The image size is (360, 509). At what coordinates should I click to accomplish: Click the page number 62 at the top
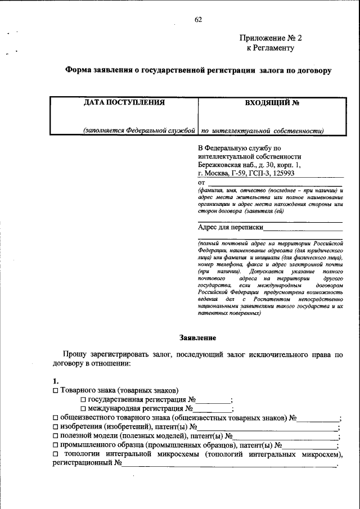click(198, 20)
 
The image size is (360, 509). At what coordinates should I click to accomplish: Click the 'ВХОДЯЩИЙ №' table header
click(272, 103)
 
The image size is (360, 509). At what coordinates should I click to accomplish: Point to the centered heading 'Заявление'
click(197, 337)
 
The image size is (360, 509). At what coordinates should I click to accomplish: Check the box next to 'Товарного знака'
click(55, 391)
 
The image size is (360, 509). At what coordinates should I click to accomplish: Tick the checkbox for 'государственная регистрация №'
click(83, 400)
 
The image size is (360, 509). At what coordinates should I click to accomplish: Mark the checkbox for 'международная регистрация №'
click(83, 409)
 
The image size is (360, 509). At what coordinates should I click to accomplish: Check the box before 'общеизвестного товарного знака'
click(55, 418)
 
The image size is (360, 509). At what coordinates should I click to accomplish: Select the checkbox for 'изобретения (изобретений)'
click(55, 427)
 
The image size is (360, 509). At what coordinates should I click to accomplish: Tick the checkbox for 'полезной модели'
click(55, 436)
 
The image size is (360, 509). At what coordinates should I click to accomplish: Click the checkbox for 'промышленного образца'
click(55, 445)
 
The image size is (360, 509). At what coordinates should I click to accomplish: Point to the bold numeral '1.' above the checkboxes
click(55, 381)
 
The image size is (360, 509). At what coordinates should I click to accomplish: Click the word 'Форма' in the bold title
click(77, 71)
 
